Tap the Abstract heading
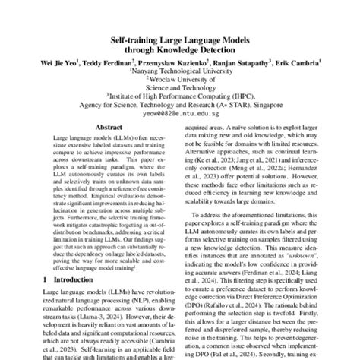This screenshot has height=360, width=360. coord(103,129)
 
